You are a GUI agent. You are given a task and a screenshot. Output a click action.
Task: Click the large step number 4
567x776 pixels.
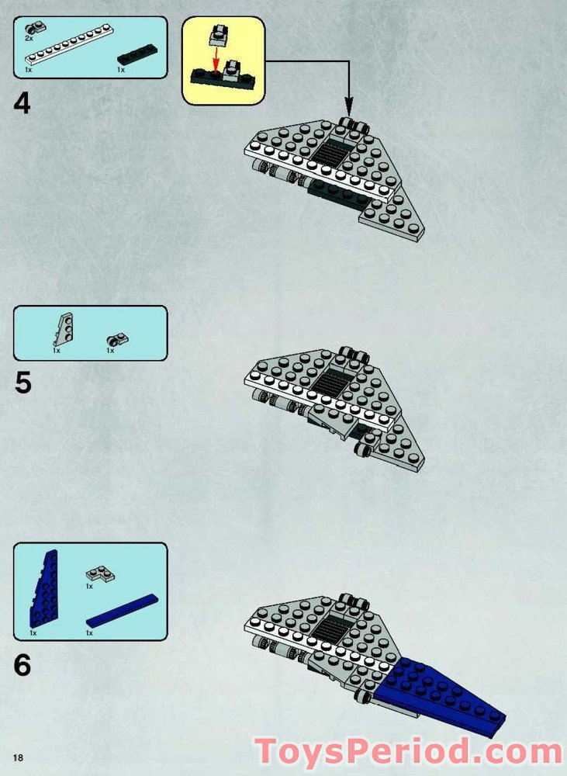(22, 103)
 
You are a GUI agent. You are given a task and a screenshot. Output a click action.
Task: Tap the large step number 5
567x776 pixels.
(22, 383)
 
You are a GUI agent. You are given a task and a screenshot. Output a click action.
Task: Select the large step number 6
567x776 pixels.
(22, 665)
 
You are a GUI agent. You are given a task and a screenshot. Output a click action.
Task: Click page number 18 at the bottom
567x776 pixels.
(19, 757)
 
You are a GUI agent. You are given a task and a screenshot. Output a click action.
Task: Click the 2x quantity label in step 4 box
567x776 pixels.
(29, 37)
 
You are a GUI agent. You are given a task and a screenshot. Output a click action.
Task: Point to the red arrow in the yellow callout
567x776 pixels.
(216, 57)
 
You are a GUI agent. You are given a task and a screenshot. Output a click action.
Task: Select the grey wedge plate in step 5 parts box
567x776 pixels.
(64, 329)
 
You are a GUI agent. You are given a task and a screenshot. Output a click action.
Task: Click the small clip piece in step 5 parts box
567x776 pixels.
(118, 340)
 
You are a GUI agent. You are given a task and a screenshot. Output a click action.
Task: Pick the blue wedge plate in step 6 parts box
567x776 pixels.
(44, 589)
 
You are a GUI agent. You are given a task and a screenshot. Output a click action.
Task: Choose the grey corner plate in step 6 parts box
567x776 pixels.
(100, 574)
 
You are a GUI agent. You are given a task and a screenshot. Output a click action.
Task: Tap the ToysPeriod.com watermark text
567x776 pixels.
(409, 752)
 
